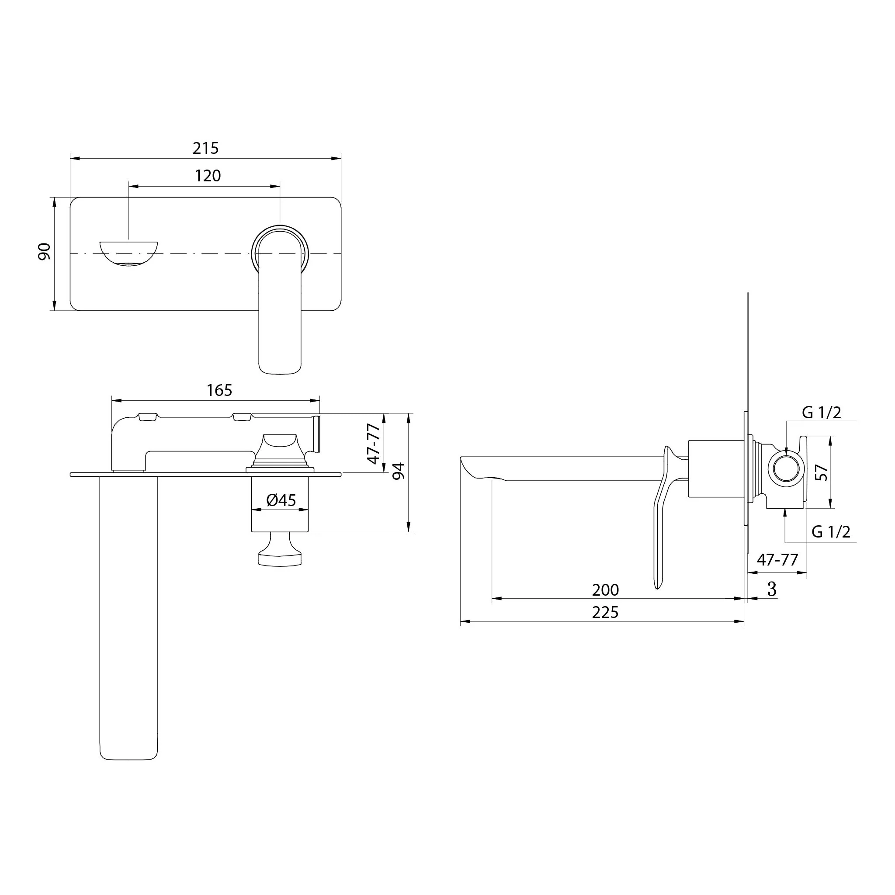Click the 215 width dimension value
pos(206,148)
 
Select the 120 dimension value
pos(208,176)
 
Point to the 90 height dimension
pos(44,251)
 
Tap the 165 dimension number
pos(219,391)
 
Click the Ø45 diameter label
pos(281,500)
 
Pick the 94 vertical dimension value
pos(399,471)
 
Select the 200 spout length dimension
pos(605,590)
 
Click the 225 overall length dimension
pos(605,612)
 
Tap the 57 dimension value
pos(821,472)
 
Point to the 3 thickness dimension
pos(772,589)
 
